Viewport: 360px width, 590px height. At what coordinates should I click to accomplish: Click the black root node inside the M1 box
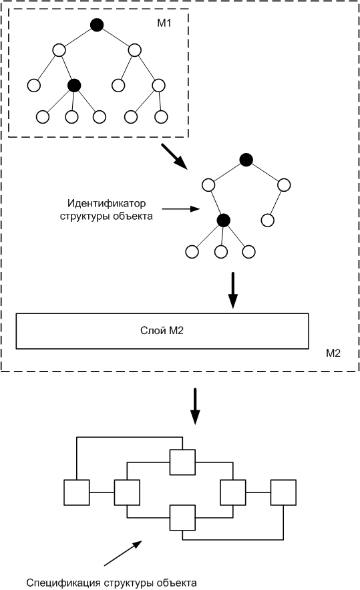pos(97,25)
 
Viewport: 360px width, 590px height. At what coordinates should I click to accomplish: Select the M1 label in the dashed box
pos(164,23)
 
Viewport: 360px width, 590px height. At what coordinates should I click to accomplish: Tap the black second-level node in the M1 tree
pos(74,86)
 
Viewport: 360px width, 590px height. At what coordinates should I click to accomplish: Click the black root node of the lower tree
pos(246,160)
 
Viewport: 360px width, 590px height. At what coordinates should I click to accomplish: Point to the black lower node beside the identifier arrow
pos(224,220)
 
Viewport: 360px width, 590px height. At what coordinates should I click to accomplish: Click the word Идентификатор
pos(106,204)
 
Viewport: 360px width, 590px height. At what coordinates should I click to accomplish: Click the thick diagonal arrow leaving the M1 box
pos(174,156)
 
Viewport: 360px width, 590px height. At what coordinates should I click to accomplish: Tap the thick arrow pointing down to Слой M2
pos(233,290)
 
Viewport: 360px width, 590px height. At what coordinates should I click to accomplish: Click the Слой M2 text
pos(162,331)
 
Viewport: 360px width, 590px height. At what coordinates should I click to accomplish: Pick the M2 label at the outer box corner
pos(333,353)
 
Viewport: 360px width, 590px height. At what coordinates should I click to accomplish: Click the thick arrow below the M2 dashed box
pos(195,406)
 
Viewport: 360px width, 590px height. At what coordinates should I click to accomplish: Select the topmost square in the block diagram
pos(182,462)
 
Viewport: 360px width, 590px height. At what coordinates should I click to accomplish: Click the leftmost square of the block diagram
pos(77,492)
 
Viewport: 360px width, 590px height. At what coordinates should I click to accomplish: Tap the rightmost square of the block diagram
pos(283,492)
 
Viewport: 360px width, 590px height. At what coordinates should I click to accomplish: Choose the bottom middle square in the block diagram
pos(182,518)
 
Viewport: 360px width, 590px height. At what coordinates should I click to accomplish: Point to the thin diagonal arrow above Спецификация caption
pos(123,553)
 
